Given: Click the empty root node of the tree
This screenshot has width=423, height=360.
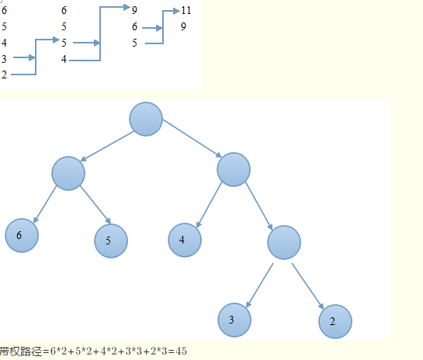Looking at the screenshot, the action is (x=146, y=119).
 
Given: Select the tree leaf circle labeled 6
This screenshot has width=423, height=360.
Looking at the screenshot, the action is (x=22, y=235).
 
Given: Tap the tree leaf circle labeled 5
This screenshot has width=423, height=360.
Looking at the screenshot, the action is (x=111, y=241).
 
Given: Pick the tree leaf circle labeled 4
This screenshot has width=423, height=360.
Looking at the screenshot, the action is (x=185, y=240).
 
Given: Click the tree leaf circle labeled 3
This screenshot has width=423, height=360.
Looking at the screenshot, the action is (x=234, y=320).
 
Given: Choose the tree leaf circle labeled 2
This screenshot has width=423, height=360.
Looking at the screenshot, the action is (x=335, y=321).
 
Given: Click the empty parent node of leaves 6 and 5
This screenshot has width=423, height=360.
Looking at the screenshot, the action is (x=68, y=173).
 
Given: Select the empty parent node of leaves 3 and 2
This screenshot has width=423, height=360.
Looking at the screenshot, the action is (x=284, y=242).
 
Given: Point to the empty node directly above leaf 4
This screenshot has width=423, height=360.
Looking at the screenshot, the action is (x=234, y=170).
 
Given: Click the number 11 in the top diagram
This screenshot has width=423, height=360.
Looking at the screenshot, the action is (x=186, y=10).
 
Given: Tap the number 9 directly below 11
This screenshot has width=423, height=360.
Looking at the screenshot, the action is (x=183, y=26).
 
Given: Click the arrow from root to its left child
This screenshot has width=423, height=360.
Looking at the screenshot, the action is (x=107, y=146).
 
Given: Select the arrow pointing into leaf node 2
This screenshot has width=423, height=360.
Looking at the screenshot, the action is (x=308, y=286).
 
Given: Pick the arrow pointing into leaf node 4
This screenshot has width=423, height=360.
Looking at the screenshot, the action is (x=209, y=205).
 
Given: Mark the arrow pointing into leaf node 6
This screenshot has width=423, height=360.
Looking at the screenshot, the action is (x=45, y=204).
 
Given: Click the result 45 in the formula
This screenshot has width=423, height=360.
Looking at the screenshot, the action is (x=181, y=351).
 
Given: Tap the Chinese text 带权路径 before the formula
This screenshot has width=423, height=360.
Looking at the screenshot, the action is (x=21, y=351).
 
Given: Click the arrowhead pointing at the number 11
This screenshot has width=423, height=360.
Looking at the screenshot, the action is (x=176, y=11).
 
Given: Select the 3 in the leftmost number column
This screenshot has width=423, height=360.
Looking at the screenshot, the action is (x=4, y=59).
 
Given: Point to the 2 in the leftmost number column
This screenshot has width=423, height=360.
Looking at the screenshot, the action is (x=4, y=74).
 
